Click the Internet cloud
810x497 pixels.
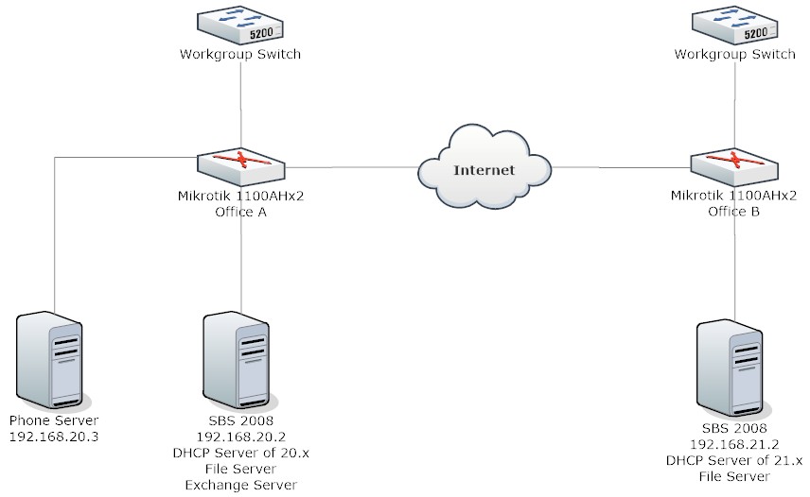coord(484,166)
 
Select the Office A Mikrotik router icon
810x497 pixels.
coord(240,167)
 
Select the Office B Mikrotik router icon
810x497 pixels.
coord(734,167)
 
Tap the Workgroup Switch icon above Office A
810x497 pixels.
coord(240,25)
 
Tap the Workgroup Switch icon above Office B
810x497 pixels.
coord(734,25)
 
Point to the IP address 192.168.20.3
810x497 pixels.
coord(54,437)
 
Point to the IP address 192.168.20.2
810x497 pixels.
coord(240,437)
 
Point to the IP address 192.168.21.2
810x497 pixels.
coord(734,444)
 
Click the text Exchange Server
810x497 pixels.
coord(240,485)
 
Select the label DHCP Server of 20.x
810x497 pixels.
coord(240,454)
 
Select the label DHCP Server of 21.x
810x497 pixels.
coord(734,460)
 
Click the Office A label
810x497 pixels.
coord(240,212)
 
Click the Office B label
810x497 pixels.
coord(733,212)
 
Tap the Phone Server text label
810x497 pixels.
coord(54,420)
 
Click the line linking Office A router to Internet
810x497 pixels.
coord(351,167)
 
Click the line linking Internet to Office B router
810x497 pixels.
coord(622,167)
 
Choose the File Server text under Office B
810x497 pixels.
coord(734,476)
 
